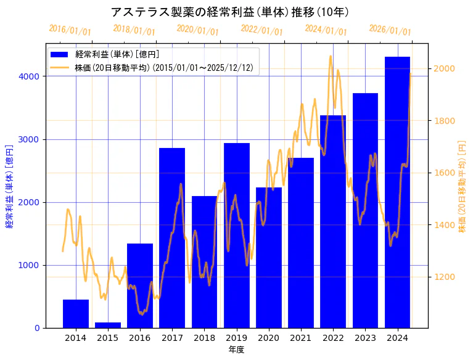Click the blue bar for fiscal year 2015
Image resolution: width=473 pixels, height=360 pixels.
(108, 325)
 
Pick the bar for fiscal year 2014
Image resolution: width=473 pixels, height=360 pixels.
(76, 314)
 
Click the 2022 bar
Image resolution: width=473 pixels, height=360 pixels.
(333, 221)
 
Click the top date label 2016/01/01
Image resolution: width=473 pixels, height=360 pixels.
(70, 30)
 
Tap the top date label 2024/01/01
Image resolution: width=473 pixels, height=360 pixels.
(326, 30)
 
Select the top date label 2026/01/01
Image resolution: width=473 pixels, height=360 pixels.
(390, 30)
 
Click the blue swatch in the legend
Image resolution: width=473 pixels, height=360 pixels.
(62, 55)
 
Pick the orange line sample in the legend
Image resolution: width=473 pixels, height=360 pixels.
(62, 67)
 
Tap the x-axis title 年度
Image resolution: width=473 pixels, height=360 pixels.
(237, 350)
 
